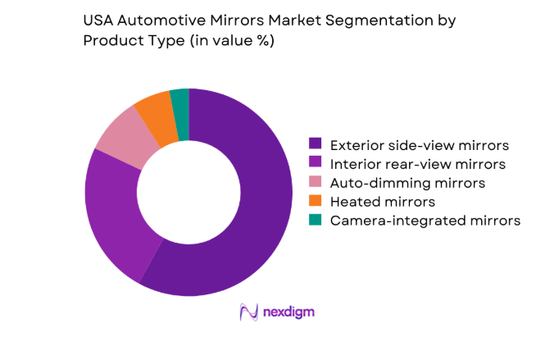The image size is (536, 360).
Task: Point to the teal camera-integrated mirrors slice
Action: tap(180, 102)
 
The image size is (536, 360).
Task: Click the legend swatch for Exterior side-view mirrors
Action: tap(316, 145)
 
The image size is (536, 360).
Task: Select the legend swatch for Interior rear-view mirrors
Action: tap(316, 164)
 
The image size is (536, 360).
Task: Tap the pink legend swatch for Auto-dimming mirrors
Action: tap(316, 183)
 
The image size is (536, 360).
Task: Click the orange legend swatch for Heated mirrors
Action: tap(316, 202)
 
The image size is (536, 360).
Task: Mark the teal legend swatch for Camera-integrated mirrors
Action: tap(316, 221)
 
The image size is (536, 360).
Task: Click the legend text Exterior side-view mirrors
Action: tap(419, 145)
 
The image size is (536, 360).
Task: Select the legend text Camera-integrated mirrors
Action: tap(425, 221)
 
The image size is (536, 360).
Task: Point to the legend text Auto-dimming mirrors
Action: tap(407, 183)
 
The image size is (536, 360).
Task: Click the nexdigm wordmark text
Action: tap(289, 312)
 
